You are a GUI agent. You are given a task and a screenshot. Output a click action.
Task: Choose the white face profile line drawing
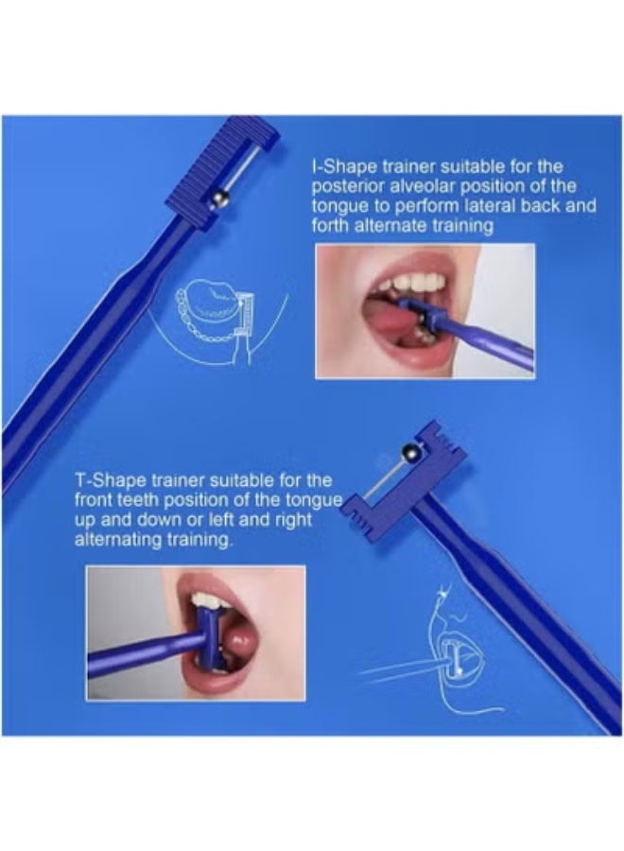tap(444, 643)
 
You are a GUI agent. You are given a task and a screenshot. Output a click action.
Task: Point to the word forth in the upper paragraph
tap(334, 225)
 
